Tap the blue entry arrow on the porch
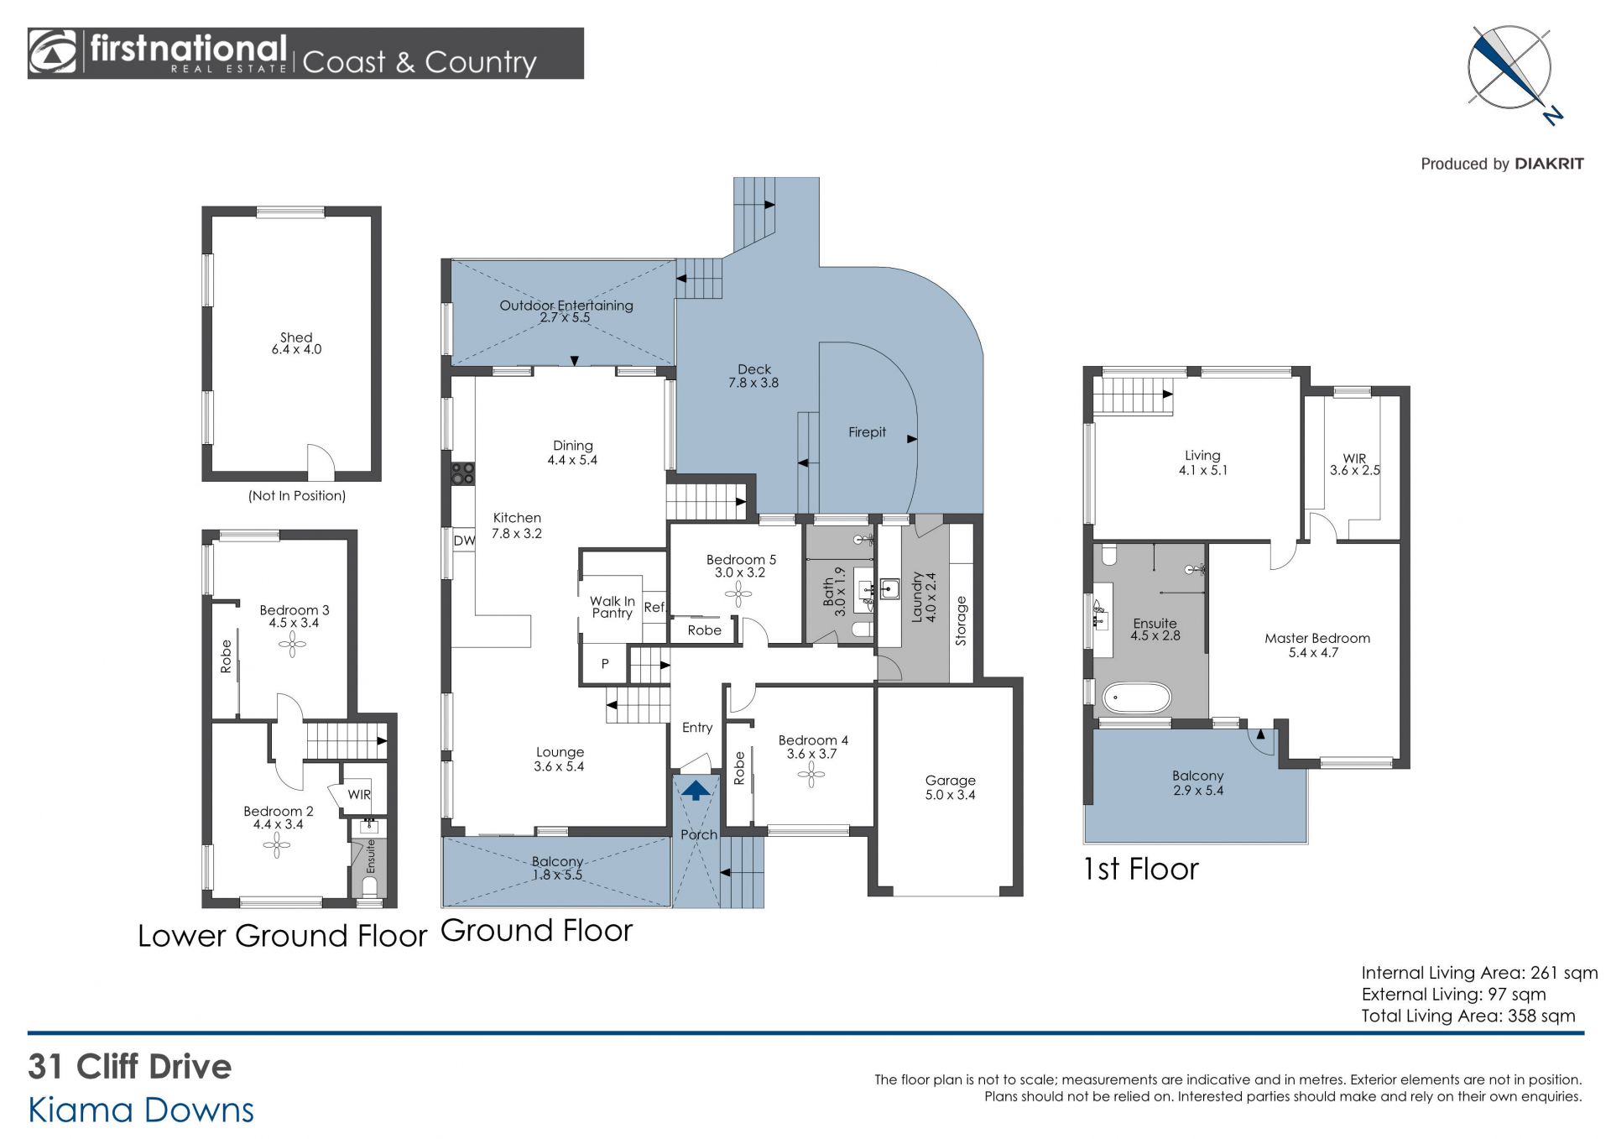tap(695, 790)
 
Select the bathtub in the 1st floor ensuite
tap(1136, 698)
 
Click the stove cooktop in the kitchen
tap(462, 473)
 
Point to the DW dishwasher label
tap(464, 541)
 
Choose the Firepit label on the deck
tap(867, 432)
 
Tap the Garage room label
tap(950, 781)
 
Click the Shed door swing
tap(321, 462)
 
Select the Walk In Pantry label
tap(612, 607)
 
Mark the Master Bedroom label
tap(1317, 638)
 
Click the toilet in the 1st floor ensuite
tap(1108, 555)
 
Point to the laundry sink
tap(889, 588)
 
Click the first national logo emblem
tap(52, 53)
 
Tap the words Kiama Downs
tap(141, 1110)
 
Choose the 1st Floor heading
tap(1140, 869)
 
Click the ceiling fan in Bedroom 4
tap(811, 775)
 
